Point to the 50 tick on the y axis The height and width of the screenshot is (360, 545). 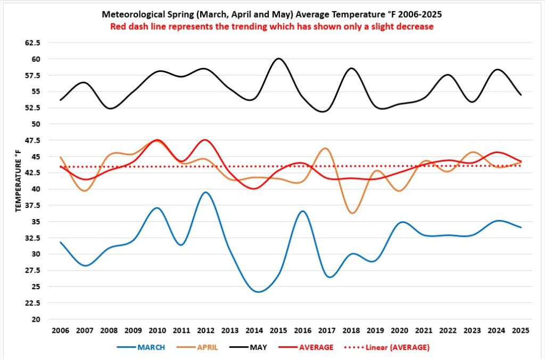point(37,124)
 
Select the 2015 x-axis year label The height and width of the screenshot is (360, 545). point(278,331)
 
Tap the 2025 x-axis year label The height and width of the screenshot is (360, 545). point(521,331)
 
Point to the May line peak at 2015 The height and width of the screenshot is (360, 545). point(278,58)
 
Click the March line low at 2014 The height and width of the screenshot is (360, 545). point(259,292)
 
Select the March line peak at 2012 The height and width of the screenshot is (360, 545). point(205,192)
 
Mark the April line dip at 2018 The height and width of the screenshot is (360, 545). point(351,213)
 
